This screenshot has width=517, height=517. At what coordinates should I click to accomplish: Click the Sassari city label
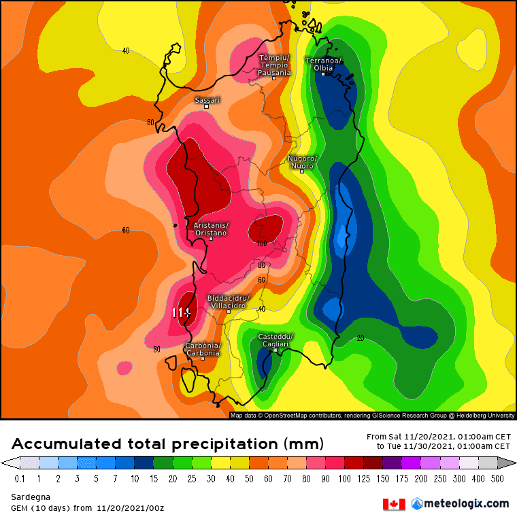coord(207,100)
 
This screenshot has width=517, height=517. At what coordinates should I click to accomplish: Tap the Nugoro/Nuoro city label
coord(301,162)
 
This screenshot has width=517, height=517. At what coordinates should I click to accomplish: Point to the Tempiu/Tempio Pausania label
coord(274,65)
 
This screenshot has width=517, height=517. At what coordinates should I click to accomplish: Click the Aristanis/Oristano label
coord(211,229)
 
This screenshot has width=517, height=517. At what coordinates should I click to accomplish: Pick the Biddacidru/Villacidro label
coord(228,301)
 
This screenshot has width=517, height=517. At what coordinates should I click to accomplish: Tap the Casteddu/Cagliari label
coord(275,341)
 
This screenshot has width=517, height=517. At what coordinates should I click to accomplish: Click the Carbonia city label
coord(203,349)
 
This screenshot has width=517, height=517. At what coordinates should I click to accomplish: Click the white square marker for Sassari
coord(206,107)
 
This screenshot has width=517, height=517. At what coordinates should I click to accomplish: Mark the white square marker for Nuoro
coord(302,171)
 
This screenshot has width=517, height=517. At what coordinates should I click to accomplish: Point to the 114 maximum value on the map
coord(180,313)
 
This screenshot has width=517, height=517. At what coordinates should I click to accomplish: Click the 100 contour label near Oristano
coord(262,244)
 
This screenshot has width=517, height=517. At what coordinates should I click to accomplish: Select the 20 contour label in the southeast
coord(361,337)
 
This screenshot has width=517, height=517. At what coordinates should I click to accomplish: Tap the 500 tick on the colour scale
coord(498,479)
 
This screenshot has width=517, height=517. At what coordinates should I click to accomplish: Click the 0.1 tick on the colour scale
coord(19,479)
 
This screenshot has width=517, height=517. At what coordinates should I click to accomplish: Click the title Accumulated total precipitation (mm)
coord(167,444)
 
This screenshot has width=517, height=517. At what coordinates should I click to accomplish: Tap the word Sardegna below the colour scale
coord(26,498)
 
